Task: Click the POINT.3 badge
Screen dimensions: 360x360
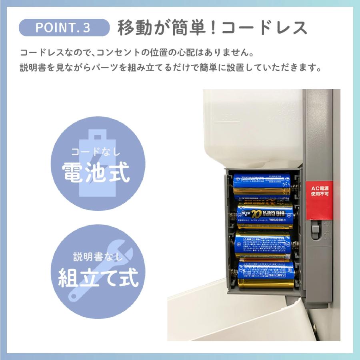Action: [64, 28]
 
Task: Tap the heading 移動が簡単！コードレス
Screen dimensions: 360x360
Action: [212, 28]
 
